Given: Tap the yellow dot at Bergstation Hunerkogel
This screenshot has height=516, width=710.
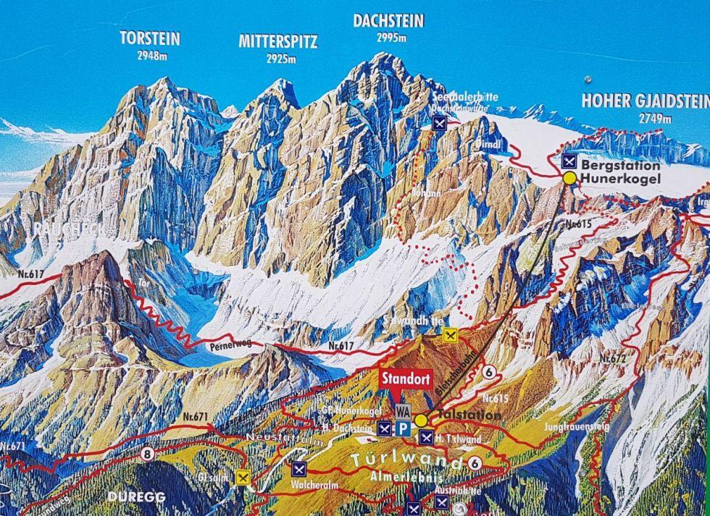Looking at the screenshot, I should pyautogui.click(x=569, y=177).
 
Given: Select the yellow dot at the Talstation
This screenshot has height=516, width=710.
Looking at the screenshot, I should pyautogui.click(x=420, y=420).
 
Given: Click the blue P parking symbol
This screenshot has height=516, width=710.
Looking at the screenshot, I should pyautogui.click(x=404, y=428).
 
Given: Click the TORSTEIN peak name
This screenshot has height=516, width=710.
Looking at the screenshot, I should pyautogui.click(x=150, y=38).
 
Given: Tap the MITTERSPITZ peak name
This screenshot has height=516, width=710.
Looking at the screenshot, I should pyautogui.click(x=277, y=41).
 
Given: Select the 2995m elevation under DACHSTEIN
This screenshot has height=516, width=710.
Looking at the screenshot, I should pyautogui.click(x=388, y=38).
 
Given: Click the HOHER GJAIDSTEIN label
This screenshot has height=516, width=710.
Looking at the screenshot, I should pyautogui.click(x=643, y=101).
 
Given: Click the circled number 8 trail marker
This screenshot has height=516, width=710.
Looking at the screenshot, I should pyautogui.click(x=148, y=454).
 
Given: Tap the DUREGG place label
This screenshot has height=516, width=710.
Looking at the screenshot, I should pyautogui.click(x=136, y=497).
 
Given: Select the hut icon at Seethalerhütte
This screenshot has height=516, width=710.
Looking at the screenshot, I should pyautogui.click(x=439, y=122).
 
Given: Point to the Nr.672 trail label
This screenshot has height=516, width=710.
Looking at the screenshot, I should pyautogui.click(x=612, y=358).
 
